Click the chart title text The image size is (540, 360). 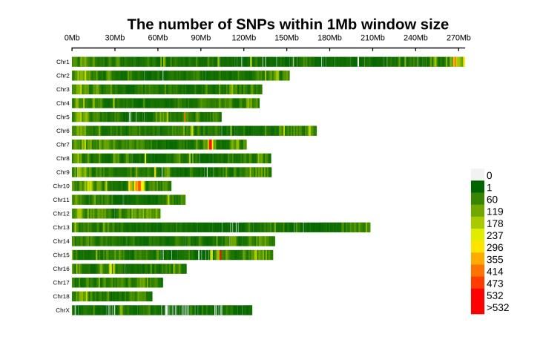[x=288, y=24]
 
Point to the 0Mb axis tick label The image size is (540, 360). [x=72, y=38]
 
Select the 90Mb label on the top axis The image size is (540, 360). [x=200, y=38]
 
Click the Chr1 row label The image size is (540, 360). [x=62, y=62]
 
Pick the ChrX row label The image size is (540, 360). [x=62, y=310]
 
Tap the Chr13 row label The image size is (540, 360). [x=62, y=227]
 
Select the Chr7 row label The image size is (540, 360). [x=62, y=145]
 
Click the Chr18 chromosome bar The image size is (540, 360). [x=112, y=296]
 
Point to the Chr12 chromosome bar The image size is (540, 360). [x=116, y=214]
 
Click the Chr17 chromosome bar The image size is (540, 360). [x=117, y=283]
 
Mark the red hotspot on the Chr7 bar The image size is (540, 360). [x=211, y=145]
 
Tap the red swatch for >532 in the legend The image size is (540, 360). [x=477, y=308]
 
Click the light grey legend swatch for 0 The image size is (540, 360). [x=477, y=174]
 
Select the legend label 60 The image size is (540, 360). [x=492, y=200]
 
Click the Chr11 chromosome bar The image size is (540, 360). [x=128, y=200]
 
